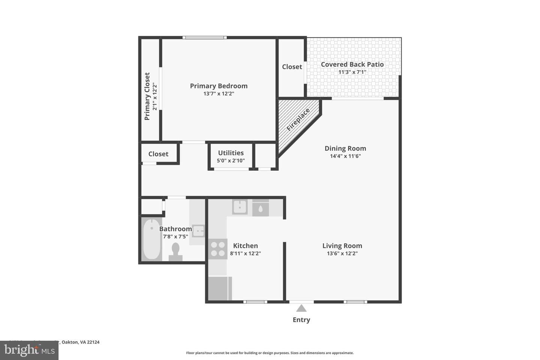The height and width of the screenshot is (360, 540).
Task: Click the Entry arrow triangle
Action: [301, 308]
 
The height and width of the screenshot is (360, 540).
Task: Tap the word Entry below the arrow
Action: [301, 320]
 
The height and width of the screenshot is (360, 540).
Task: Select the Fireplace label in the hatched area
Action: [298, 120]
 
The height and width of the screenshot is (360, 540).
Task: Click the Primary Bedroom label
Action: [219, 86]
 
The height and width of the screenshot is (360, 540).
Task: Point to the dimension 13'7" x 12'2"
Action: [219, 94]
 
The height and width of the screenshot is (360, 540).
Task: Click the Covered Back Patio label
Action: [352, 64]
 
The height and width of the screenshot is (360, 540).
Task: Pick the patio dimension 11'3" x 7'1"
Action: [352, 72]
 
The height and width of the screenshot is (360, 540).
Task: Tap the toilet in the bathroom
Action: [175, 251]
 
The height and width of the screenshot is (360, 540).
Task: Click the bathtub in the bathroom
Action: [152, 239]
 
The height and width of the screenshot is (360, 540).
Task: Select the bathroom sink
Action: [198, 231]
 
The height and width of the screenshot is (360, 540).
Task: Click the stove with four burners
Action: [218, 249]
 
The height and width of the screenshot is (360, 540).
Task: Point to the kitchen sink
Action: [239, 207]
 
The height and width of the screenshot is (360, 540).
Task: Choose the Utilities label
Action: [231, 153]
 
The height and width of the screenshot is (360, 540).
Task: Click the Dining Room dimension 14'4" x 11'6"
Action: [345, 156]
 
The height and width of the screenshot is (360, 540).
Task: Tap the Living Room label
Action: [342, 246]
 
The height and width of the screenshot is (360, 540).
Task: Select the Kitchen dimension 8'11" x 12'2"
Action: [245, 253]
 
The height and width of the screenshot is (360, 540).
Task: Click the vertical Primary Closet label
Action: [147, 96]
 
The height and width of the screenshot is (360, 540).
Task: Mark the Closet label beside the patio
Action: [292, 67]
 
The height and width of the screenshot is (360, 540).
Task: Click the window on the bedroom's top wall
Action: [205, 37]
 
